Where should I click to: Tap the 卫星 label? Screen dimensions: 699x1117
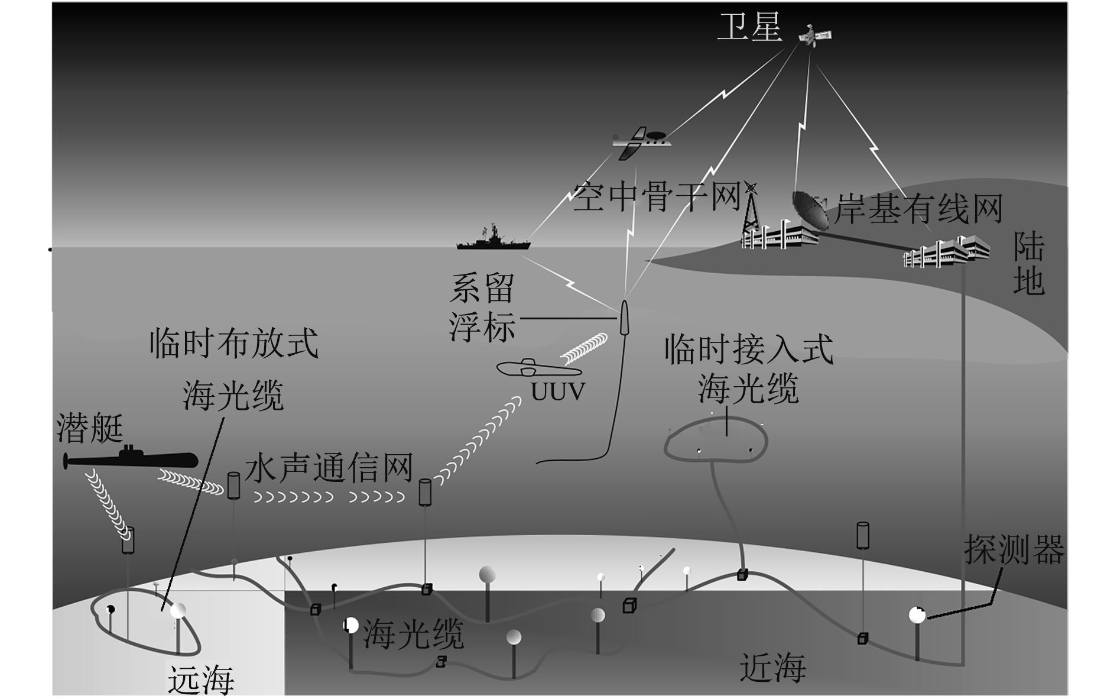[749, 27]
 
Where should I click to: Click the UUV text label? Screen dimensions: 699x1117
[557, 391]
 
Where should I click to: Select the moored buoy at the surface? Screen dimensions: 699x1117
[624, 316]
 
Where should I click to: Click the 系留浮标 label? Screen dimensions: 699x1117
[482, 308]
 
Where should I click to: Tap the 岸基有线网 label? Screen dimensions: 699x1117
[918, 209]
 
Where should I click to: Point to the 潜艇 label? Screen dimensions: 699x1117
[89, 428]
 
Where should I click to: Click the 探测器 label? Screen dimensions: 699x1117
[1014, 550]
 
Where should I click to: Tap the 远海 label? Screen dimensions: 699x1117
[201, 680]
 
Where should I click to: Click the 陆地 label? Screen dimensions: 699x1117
[1028, 264]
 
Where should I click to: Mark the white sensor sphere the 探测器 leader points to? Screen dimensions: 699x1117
[917, 615]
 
